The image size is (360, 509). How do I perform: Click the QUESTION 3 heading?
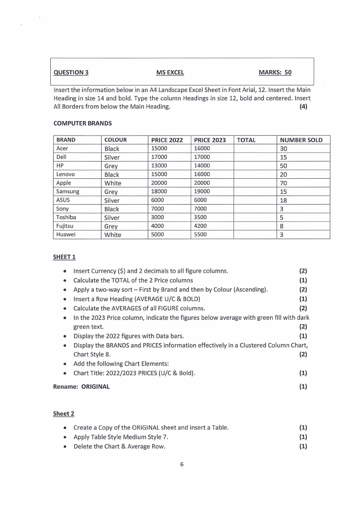pos(71,72)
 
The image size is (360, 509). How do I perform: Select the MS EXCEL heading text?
pos(170,72)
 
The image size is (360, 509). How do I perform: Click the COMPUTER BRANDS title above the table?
pos(83,123)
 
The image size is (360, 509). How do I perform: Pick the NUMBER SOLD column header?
pos(301,140)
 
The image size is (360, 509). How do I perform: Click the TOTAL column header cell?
pos(246,140)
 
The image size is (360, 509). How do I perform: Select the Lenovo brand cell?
pos(66,174)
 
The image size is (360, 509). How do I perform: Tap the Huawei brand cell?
pos(66,235)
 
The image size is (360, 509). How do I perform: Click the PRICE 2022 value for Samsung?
pos(159,191)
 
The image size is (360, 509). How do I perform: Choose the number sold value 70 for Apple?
pos(284,183)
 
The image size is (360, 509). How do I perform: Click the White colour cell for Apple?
pos(113,183)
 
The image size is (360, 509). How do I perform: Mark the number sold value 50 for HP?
pos(284,166)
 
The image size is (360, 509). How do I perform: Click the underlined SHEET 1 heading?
pos(64,257)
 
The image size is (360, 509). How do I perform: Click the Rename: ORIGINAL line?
pos(82,387)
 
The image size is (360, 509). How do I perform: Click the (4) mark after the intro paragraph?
pos(303,107)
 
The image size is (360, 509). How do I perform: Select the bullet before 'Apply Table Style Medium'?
pos(66,437)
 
